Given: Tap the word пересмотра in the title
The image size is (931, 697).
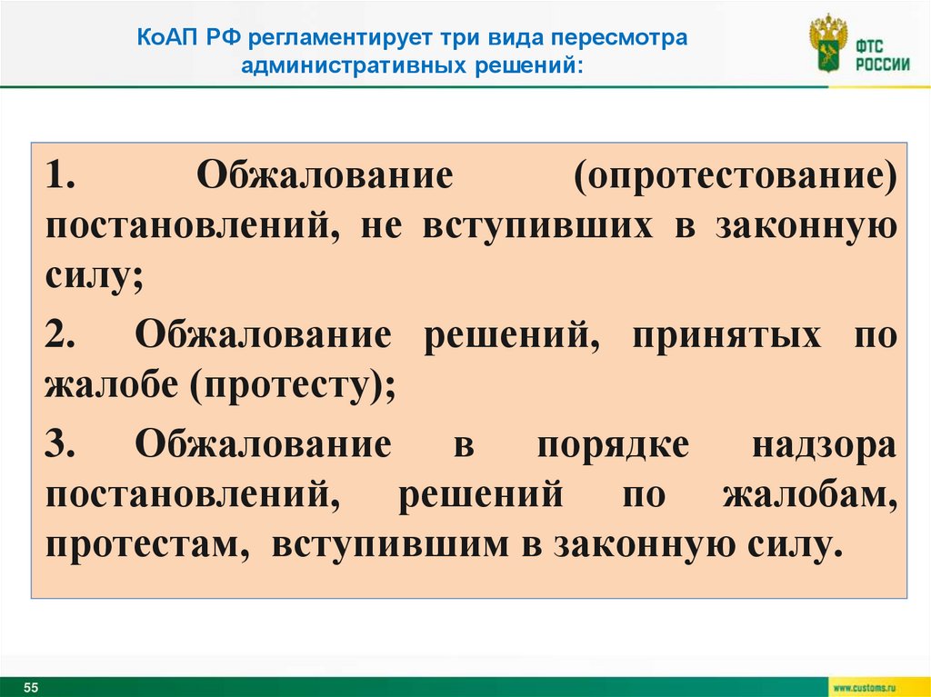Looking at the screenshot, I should point(628,40).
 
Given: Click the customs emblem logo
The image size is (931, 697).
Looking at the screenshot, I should point(827,42).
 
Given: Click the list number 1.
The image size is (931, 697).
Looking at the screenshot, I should point(60,175).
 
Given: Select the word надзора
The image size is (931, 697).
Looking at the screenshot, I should point(825,444).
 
